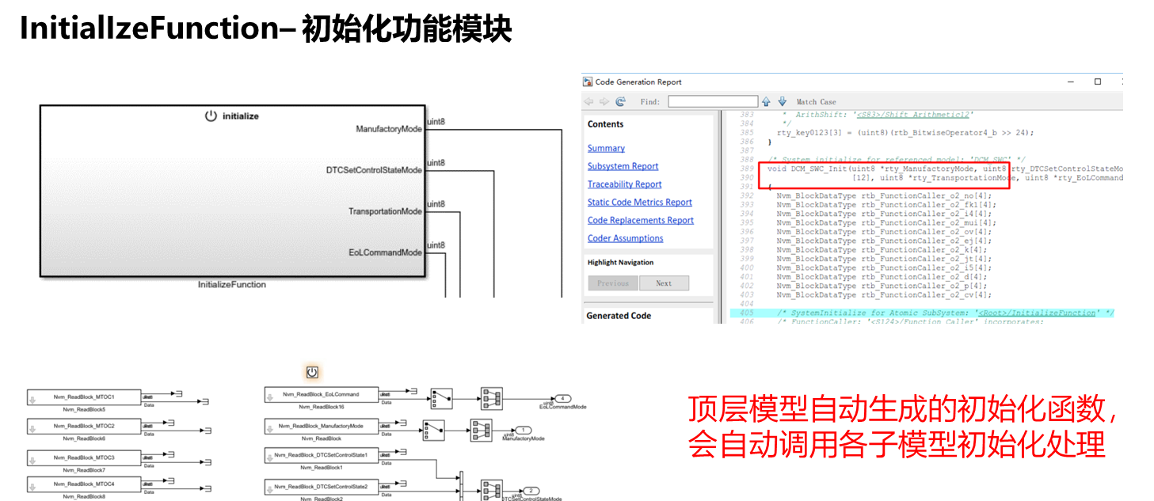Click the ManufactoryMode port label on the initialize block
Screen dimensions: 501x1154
pos(388,129)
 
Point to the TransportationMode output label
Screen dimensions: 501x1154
pos(385,211)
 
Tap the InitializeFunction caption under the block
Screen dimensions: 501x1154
pos(232,284)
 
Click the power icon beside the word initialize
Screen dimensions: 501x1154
pos(211,116)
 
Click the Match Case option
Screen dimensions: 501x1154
pos(816,102)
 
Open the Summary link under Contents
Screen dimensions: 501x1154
pos(606,148)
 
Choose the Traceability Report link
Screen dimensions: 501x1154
pos(624,184)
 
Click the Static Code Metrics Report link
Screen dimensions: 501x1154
pos(639,203)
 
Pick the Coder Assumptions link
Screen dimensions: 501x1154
pos(625,238)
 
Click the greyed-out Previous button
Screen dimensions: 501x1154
pos(612,283)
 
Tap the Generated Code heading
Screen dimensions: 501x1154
pos(619,316)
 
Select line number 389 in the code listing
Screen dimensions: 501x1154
pos(746,169)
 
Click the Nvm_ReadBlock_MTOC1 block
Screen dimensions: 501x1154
pos(84,397)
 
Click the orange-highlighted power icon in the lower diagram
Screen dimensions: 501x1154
pos(312,372)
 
